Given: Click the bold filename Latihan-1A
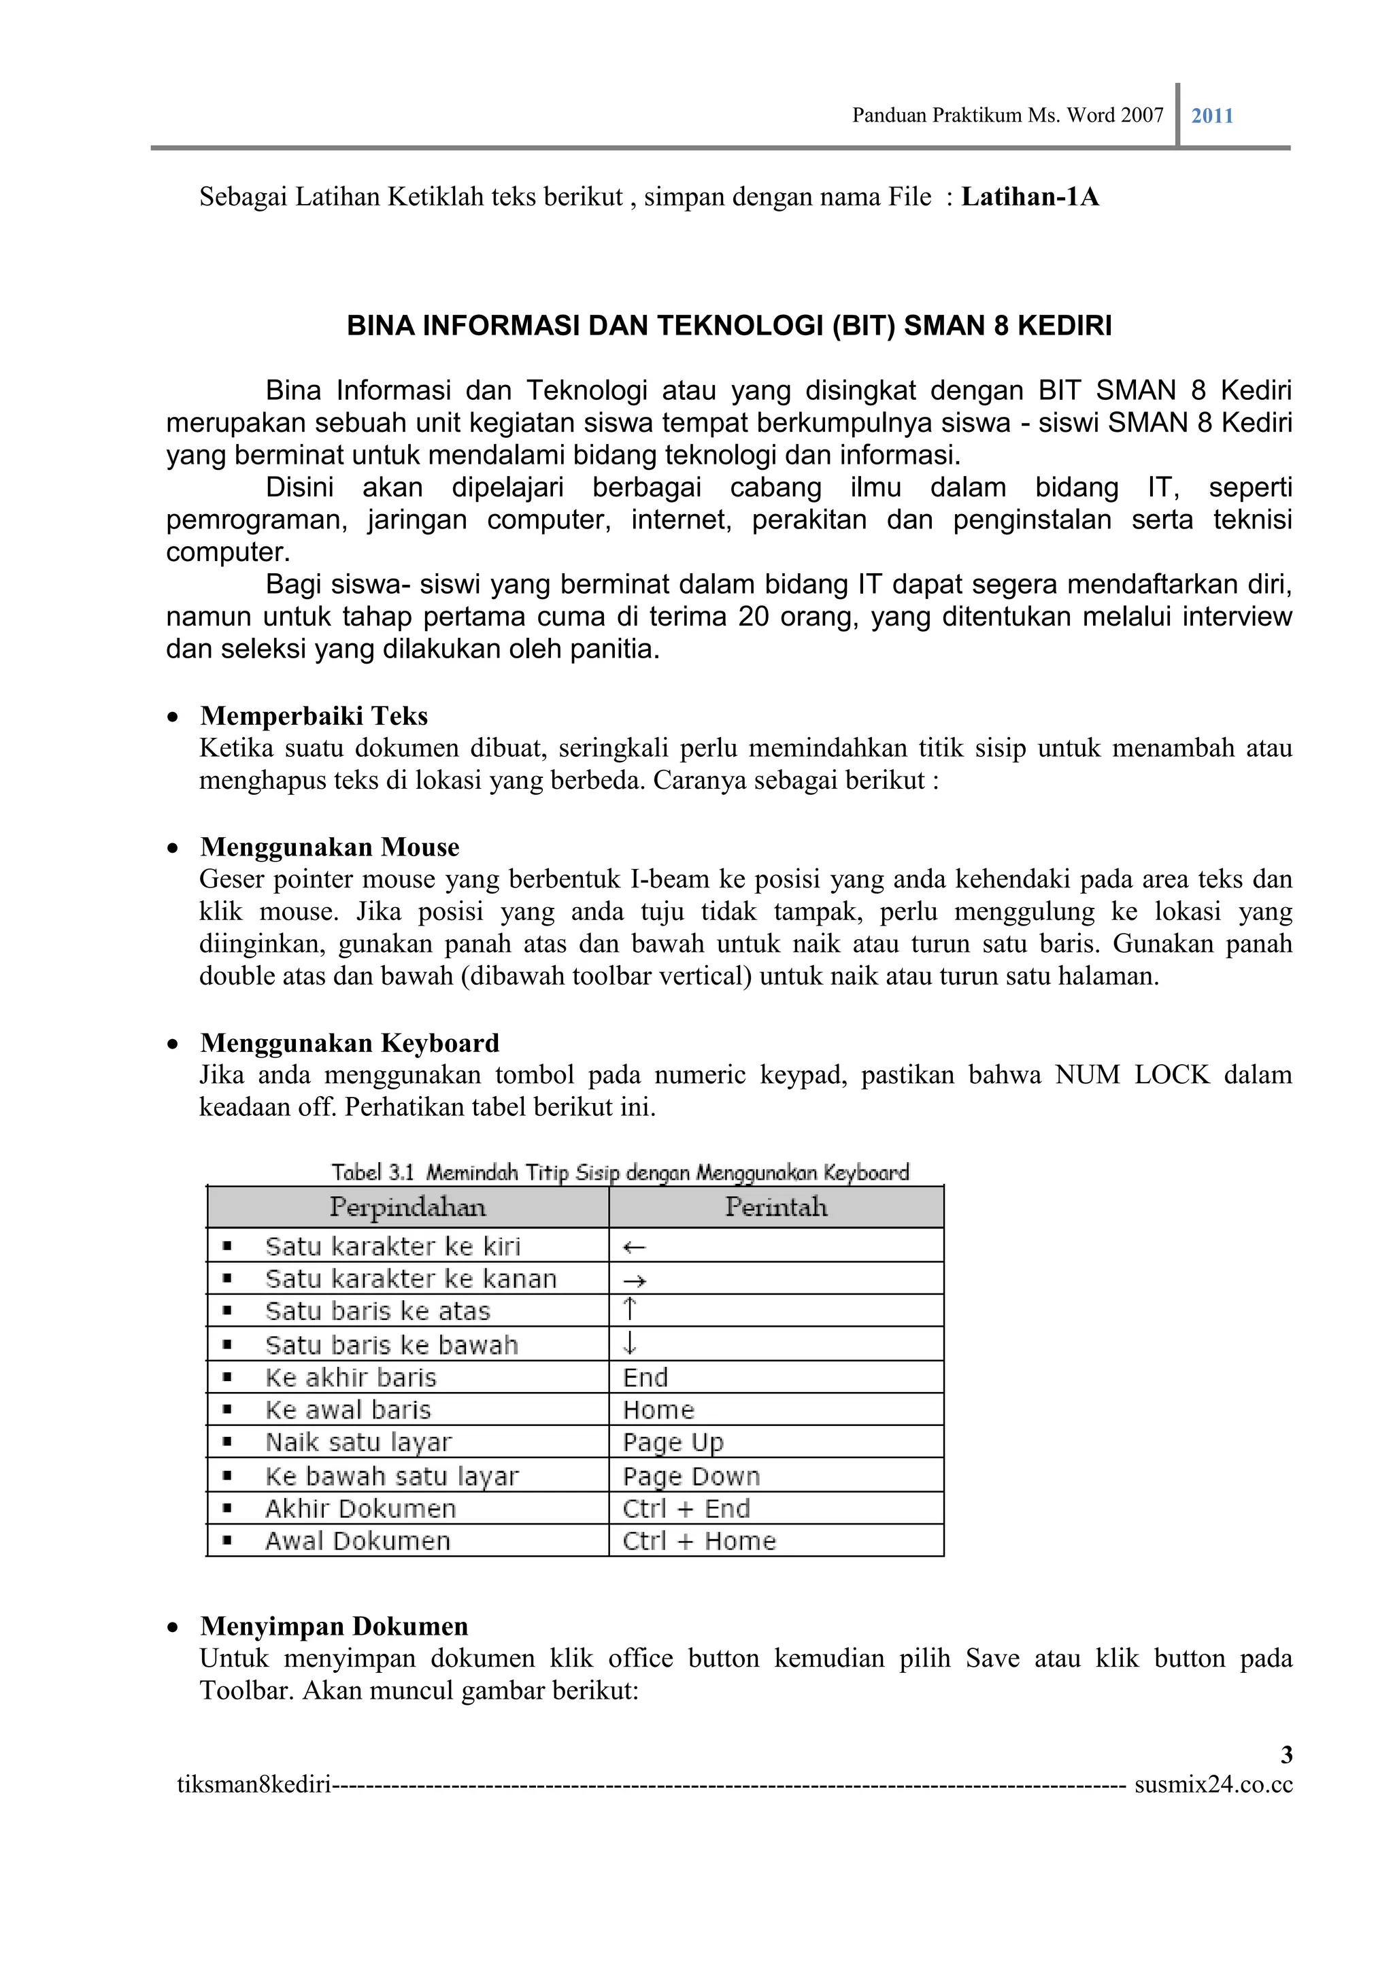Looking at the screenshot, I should click(x=1029, y=197).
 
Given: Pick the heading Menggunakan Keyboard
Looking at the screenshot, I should click(x=350, y=1042).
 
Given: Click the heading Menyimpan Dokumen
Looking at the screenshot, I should click(x=334, y=1626).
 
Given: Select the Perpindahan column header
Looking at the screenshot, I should click(x=407, y=1207).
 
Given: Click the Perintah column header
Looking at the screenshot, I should click(x=776, y=1207).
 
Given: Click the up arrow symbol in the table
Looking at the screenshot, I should click(x=630, y=1310).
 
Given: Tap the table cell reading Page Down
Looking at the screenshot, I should click(x=691, y=1476).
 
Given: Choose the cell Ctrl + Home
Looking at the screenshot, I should click(x=699, y=1541).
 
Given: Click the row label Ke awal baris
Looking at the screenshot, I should click(x=348, y=1410).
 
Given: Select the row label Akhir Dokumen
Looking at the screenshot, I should click(x=360, y=1508).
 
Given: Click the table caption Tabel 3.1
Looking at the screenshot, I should click(x=373, y=1172).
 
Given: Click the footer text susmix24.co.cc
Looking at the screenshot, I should click(x=1213, y=1784).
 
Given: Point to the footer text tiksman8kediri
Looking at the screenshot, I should click(x=254, y=1784).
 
